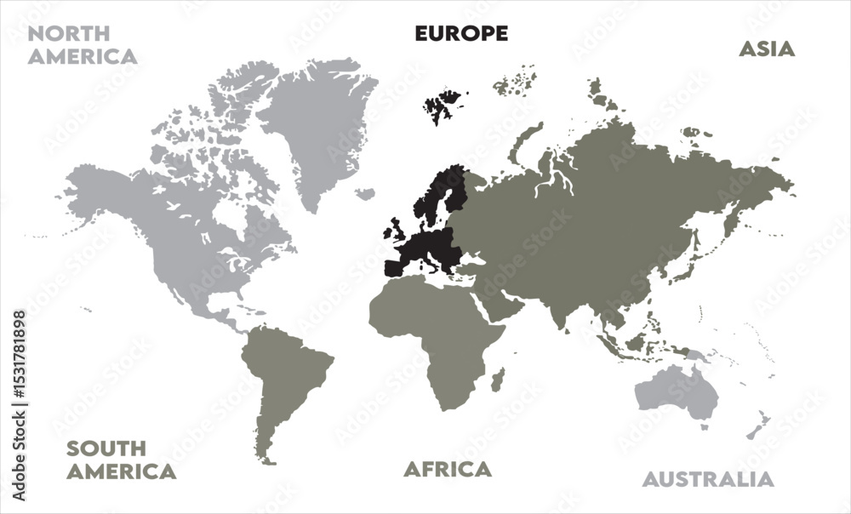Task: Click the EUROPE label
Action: tap(461, 33)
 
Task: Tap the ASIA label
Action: tap(766, 49)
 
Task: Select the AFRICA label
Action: tap(447, 469)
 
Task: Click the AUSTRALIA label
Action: tap(708, 479)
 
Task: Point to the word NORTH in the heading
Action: tap(69, 34)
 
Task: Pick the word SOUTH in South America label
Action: tap(106, 448)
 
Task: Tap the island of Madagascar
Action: tap(498, 380)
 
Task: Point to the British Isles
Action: tap(396, 230)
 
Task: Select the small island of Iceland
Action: tap(365, 194)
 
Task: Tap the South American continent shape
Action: tap(285, 374)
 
